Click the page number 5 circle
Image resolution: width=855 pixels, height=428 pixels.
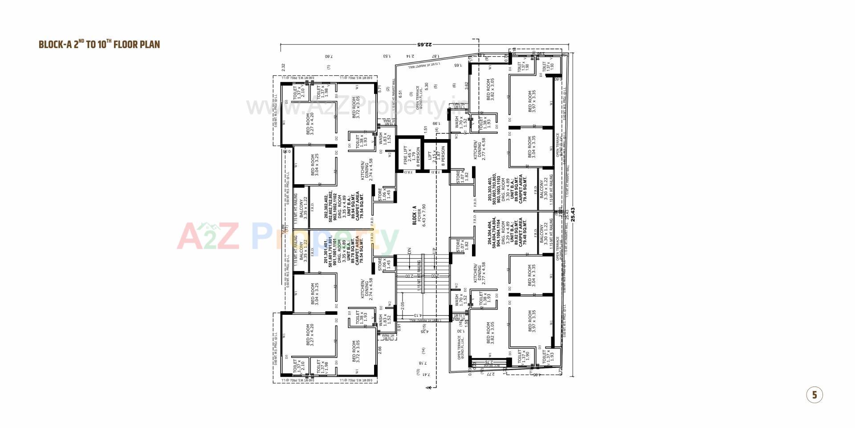point(814,395)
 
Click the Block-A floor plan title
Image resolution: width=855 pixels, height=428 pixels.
point(99,44)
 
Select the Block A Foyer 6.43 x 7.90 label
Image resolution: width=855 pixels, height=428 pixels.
point(419,215)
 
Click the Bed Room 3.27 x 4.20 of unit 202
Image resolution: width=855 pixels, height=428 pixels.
point(310,123)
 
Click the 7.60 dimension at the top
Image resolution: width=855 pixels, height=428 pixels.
point(329,57)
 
